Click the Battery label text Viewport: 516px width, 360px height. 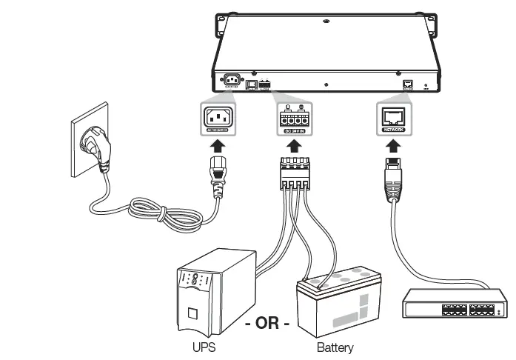tap(335, 347)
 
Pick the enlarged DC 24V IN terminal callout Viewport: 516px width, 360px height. tap(295, 119)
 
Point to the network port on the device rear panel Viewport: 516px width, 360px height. tap(406, 84)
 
